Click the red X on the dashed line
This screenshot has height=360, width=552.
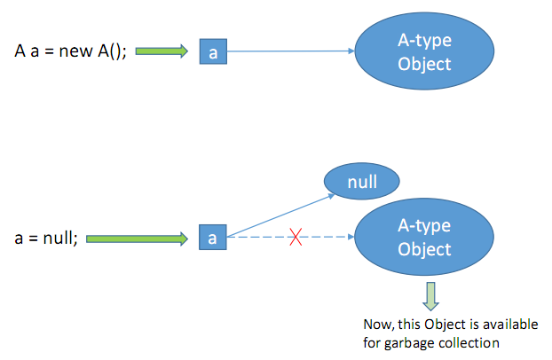coord(296,239)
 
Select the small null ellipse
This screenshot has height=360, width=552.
coord(362,183)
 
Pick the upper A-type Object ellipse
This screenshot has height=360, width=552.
coord(424,52)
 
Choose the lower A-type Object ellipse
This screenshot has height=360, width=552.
coord(424,237)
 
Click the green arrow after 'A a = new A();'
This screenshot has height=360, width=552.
coord(163,51)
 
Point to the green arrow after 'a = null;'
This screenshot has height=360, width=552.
coord(138,238)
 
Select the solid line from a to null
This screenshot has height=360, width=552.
coord(280,214)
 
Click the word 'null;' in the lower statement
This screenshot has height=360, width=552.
coord(59,238)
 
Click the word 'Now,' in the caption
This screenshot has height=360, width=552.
coord(380,323)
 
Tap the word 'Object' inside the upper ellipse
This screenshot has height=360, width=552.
coord(424,64)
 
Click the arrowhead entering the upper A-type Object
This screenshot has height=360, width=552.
coord(351,52)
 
